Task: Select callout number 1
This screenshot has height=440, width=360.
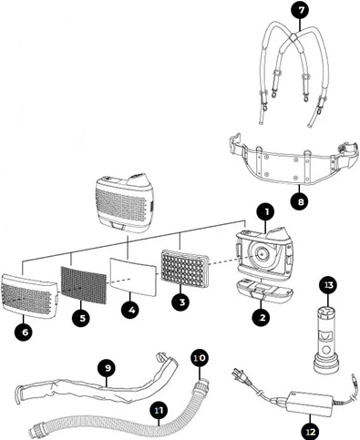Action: pyautogui.click(x=263, y=211)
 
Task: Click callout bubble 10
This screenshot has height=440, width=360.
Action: pyautogui.click(x=200, y=358)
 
